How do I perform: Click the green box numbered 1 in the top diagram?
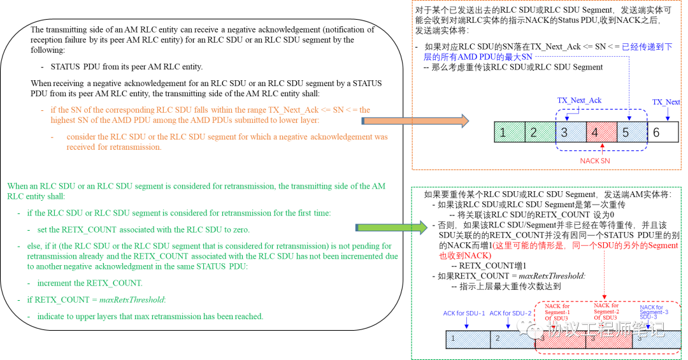(510, 132)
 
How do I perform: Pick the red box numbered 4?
(601, 132)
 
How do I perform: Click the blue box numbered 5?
(632, 132)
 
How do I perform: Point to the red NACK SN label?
(594, 161)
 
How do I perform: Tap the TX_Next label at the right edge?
(666, 102)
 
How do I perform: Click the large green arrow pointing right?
(391, 227)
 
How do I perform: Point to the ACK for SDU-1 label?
(464, 313)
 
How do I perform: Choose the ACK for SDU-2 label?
(510, 313)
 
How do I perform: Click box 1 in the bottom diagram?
(467, 339)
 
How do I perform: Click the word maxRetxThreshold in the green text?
(138, 299)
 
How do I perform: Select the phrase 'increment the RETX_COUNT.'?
(90, 283)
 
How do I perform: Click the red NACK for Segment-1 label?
(558, 312)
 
